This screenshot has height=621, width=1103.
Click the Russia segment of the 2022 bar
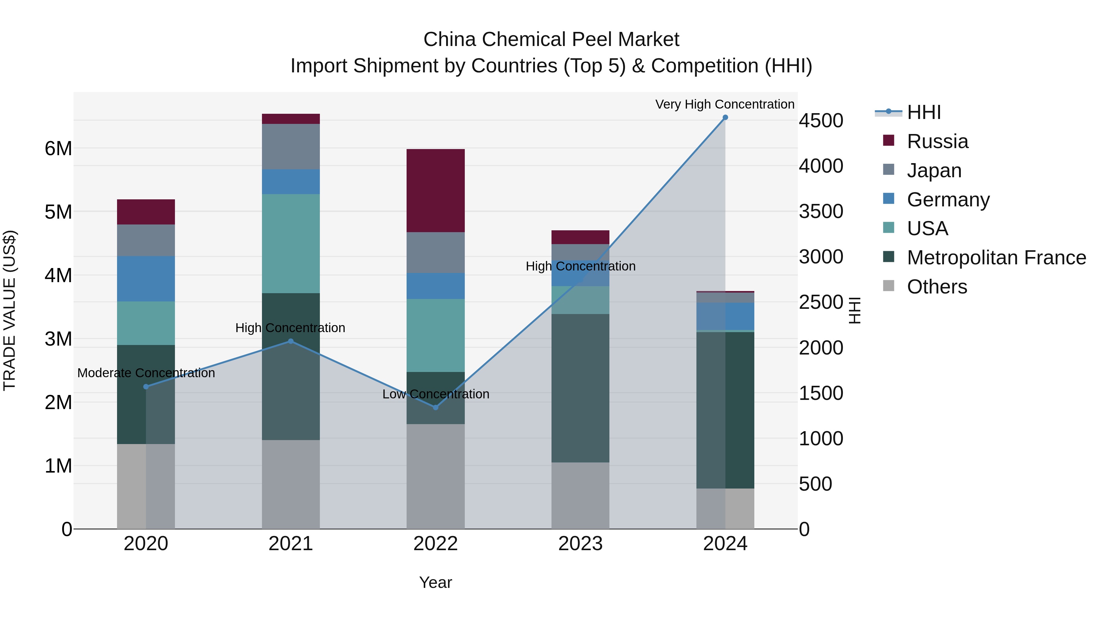(x=435, y=191)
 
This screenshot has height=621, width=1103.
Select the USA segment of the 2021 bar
(x=291, y=243)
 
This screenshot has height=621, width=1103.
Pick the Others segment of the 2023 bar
(x=580, y=496)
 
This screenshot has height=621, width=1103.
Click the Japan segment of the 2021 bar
(x=291, y=147)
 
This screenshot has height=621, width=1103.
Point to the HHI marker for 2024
(x=725, y=117)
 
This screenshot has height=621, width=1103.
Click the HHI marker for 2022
(x=435, y=408)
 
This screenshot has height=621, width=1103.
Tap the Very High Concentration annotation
(x=725, y=104)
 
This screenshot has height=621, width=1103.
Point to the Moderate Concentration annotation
(x=146, y=373)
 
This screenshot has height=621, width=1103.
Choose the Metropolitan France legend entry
(x=996, y=258)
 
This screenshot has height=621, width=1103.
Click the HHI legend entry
(x=923, y=112)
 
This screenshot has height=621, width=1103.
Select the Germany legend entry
(x=948, y=200)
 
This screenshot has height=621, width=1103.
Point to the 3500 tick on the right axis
(x=821, y=212)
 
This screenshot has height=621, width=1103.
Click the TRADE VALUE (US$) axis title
(x=9, y=310)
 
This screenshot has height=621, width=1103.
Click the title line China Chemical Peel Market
(x=551, y=40)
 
